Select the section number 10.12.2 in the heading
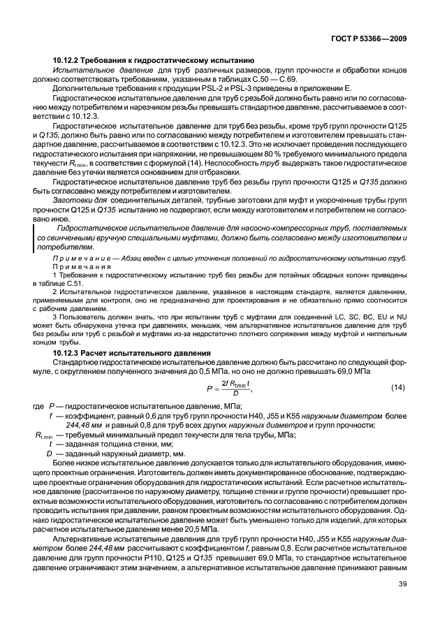(68, 61)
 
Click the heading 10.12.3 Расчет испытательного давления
(131, 354)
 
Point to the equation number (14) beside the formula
(397, 386)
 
